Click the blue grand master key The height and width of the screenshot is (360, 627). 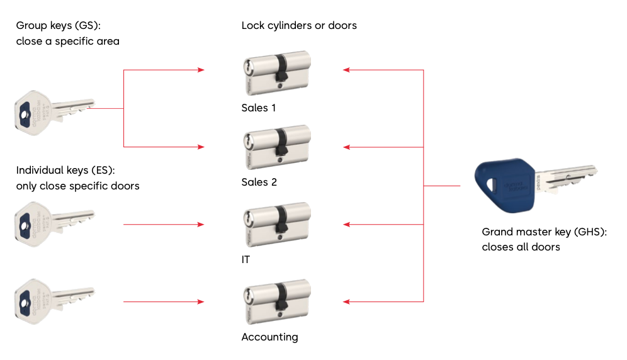[532, 185]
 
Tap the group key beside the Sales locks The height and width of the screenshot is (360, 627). [54, 113]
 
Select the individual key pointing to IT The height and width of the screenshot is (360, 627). [54, 224]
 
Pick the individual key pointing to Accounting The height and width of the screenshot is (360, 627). [54, 301]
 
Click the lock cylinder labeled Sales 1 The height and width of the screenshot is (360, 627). [277, 73]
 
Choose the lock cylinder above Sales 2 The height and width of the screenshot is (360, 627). [277, 147]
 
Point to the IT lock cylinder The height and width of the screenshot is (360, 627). [277, 225]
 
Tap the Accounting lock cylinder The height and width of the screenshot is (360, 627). [277, 301]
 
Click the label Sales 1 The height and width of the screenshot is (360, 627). [259, 108]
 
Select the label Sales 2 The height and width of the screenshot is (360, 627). [259, 183]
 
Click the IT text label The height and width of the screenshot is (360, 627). [246, 259]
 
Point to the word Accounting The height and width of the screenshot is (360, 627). [270, 337]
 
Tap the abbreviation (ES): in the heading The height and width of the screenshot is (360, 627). [103, 171]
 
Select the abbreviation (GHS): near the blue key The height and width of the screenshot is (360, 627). [590, 232]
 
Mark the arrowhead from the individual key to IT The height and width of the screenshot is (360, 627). [201, 225]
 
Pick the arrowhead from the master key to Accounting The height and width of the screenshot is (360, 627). [346, 301]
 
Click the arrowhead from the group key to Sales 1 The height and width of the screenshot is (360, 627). [201, 70]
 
